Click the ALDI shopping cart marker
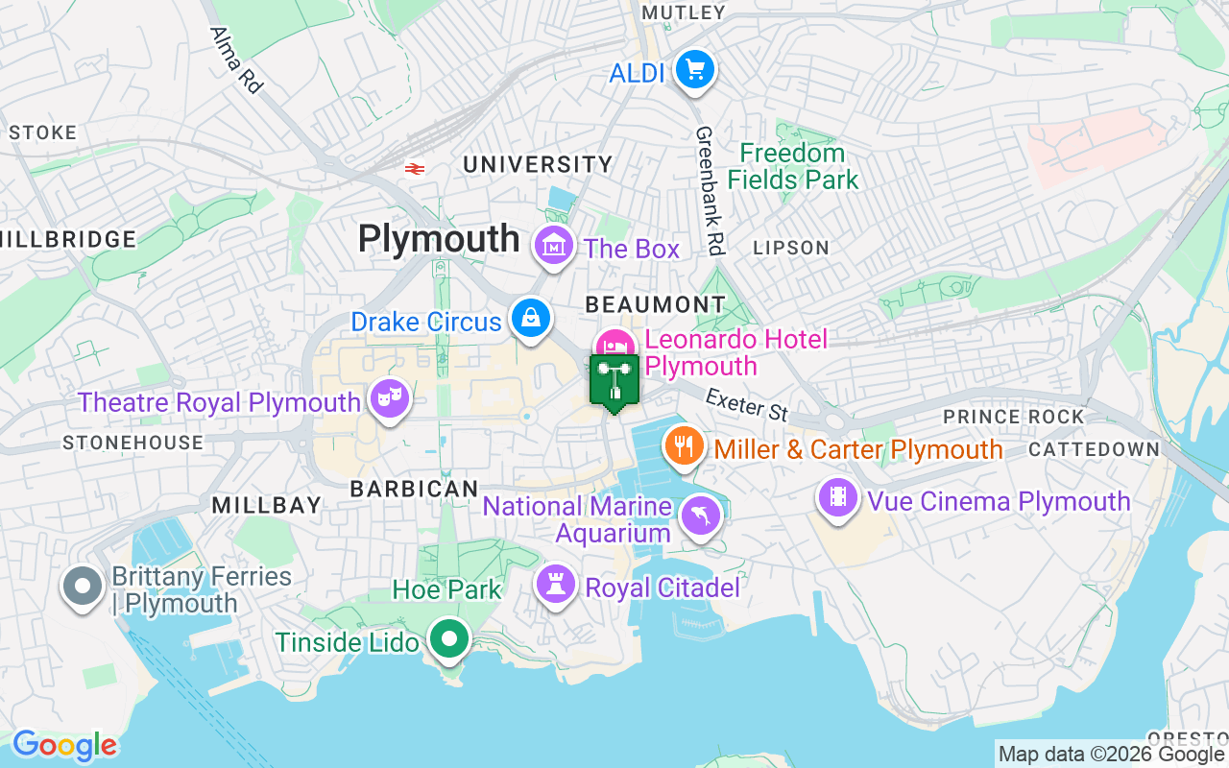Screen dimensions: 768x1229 point(694,70)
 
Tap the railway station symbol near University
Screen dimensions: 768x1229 point(415,168)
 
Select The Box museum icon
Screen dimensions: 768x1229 point(554,247)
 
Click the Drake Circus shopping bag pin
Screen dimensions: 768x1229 point(529,318)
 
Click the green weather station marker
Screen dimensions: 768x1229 point(614,381)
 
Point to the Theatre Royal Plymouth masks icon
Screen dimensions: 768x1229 point(389,398)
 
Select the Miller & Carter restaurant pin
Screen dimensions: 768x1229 point(683,445)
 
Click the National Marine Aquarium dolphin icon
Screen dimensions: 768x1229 point(700,516)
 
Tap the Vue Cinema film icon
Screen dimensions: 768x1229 point(838,497)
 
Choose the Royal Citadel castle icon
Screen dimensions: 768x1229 point(555,584)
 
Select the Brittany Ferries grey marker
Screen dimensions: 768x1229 point(83,586)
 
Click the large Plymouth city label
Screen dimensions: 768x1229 point(439,239)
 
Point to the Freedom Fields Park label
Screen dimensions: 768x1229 point(792,166)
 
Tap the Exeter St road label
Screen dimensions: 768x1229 point(747,404)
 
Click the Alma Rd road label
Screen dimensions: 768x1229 point(236,60)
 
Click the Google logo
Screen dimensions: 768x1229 point(65,745)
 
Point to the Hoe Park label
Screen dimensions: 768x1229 point(446,588)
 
